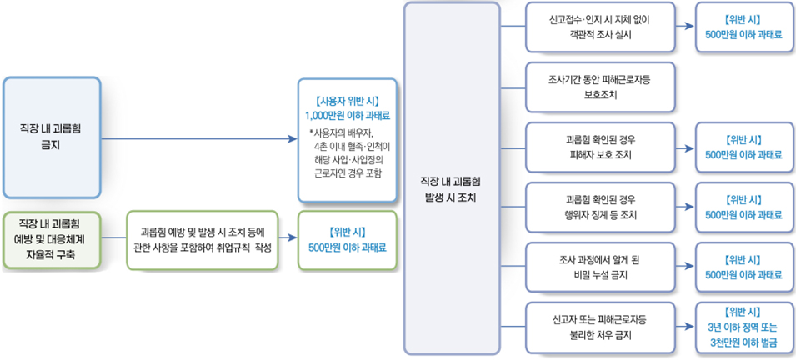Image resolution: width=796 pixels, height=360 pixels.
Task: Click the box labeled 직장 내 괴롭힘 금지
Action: (x=51, y=136)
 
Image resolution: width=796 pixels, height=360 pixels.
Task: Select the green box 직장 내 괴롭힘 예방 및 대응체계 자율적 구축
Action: (x=51, y=240)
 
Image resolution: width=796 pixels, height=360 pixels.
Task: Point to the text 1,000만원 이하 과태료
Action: (x=347, y=116)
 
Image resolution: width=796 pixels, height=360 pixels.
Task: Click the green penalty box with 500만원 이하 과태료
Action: (x=347, y=240)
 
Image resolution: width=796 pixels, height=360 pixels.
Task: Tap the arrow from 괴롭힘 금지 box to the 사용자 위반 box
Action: (x=200, y=137)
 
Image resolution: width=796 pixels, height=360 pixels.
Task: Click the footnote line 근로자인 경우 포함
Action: (x=347, y=173)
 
